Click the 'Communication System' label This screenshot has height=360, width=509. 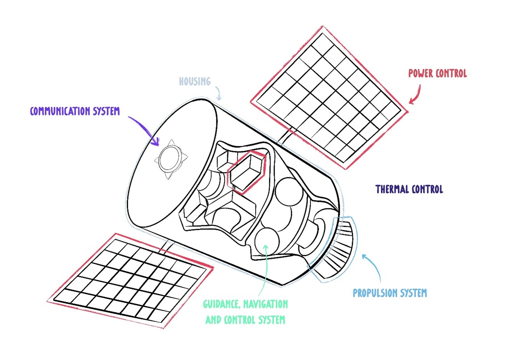pyautogui.click(x=75, y=111)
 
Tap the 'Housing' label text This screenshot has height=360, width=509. pyautogui.click(x=195, y=81)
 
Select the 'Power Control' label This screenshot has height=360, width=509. pyautogui.click(x=437, y=73)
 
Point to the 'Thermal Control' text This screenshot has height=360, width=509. pyautogui.click(x=409, y=189)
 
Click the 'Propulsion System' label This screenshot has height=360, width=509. pyautogui.click(x=390, y=293)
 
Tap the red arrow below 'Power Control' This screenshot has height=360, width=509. pyautogui.click(x=416, y=94)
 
